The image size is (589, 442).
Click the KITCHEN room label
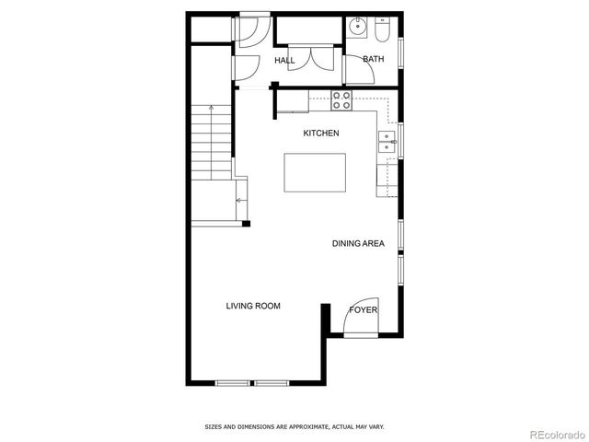tap(321, 134)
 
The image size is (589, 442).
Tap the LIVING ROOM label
tap(253, 306)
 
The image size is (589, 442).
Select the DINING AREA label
tap(358, 244)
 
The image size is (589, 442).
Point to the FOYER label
tap(363, 310)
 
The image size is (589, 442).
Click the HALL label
tap(284, 62)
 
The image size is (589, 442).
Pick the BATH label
tap(373, 60)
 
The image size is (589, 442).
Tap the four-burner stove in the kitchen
tap(341, 99)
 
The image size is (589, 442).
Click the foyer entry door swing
tap(360, 319)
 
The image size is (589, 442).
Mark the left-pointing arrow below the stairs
tap(240, 200)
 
